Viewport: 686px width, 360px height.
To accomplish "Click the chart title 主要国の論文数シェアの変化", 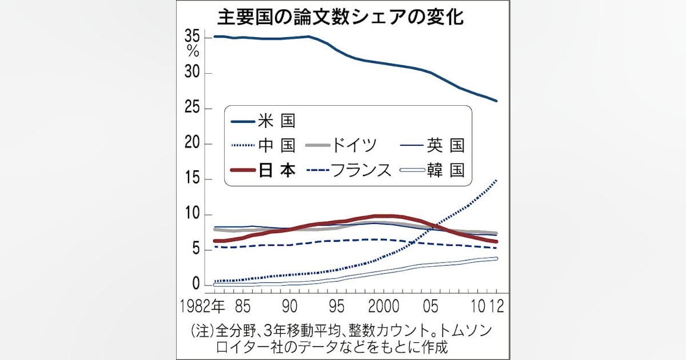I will tap(341, 16).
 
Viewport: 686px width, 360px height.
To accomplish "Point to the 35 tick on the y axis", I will tap(193, 37).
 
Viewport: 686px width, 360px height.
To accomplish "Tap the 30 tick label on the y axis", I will tap(193, 73).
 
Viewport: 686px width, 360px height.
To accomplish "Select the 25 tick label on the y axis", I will tap(193, 109).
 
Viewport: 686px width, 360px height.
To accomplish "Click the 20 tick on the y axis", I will tap(193, 144).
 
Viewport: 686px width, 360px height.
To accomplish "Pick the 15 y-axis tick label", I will tap(193, 179).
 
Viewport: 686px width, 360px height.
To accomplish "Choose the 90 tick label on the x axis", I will tap(290, 306).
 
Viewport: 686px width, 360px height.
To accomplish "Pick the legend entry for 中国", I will tap(276, 145).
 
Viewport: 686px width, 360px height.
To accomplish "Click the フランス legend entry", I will tap(363, 170).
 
